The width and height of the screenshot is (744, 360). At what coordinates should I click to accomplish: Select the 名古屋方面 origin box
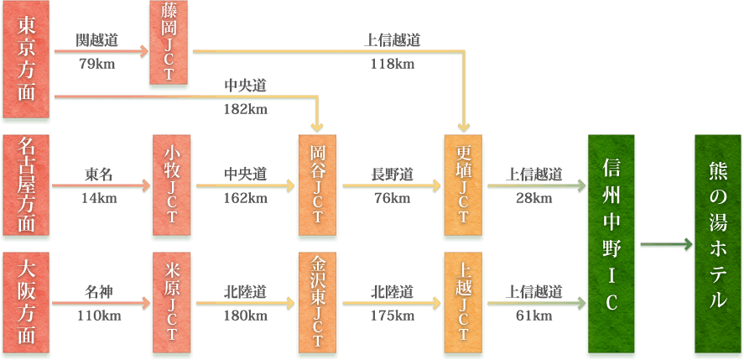tap(28, 185)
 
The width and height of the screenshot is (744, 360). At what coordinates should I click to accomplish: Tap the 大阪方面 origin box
tap(28, 303)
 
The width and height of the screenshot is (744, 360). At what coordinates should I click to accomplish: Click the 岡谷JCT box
tap(319, 185)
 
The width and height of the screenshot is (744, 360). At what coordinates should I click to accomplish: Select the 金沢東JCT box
tap(319, 303)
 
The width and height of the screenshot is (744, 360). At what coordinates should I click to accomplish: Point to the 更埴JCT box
tap(464, 185)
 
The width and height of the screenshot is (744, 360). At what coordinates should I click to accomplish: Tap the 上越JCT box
tap(464, 303)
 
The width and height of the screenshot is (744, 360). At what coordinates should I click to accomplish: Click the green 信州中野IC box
tap(611, 244)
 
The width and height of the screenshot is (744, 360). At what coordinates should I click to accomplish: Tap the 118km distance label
tap(392, 65)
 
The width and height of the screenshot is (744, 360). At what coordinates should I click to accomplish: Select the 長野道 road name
tap(392, 175)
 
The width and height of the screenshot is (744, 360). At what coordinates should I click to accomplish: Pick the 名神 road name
tap(98, 292)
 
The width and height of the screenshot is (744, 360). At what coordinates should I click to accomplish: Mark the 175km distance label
tap(392, 316)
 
